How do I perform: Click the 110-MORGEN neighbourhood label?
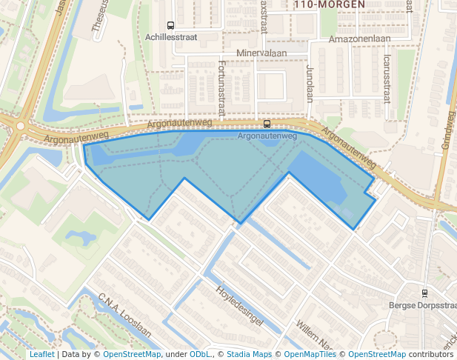click(329, 4)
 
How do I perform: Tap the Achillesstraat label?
click(171, 36)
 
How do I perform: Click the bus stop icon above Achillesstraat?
click(171, 25)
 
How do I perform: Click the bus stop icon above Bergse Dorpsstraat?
click(424, 293)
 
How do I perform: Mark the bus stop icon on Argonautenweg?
click(267, 124)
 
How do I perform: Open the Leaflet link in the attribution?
click(41, 354)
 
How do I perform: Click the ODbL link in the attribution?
click(199, 354)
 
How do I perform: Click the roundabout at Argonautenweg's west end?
click(21, 126)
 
